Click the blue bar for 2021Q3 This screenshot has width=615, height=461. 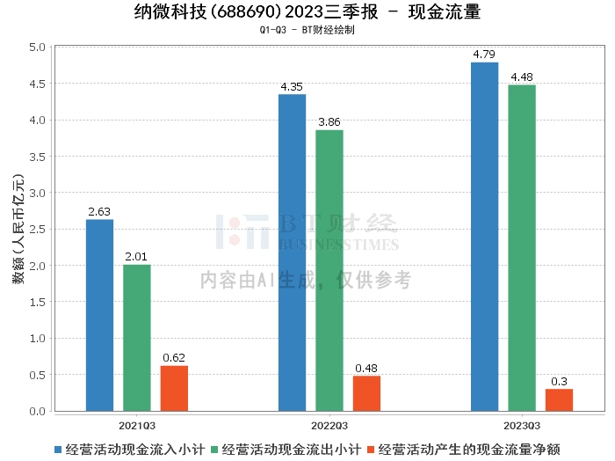pos(99,315)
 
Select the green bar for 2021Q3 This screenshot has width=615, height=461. pos(136,338)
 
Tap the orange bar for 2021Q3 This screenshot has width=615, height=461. pos(174,388)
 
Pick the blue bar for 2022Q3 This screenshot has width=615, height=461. pos(292,252)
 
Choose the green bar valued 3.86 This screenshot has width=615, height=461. pos(329,270)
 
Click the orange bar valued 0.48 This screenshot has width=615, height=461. pos(366,393)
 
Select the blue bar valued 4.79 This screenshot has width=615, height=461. pos(484,237)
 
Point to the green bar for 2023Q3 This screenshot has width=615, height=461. pos(521,248)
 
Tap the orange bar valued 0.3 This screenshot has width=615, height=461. pos(559,400)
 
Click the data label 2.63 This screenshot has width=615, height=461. pos(99,212)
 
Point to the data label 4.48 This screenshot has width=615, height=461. pos(521,77)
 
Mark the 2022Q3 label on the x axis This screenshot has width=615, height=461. pos(329,424)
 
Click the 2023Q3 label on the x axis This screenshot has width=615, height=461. pos(521,424)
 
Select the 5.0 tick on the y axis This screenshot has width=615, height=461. pos(37,47)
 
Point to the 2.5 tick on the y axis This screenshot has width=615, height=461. pos(37,229)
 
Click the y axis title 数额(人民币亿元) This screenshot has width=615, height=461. pos(17,229)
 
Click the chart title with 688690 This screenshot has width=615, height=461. pos(307,12)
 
